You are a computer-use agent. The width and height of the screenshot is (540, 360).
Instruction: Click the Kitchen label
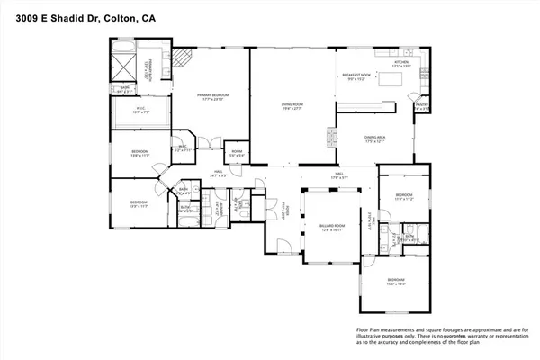tap(401, 64)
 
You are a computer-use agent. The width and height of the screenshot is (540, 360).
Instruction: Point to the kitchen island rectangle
tap(392, 82)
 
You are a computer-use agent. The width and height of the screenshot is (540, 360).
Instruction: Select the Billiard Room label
tap(332, 227)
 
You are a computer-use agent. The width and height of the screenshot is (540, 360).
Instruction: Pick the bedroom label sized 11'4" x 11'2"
tap(402, 196)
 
